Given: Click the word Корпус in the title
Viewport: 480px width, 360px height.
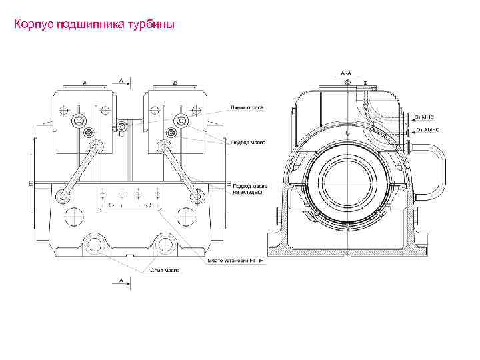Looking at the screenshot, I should coord(29,25).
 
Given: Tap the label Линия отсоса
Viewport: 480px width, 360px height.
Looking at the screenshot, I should coord(247,107).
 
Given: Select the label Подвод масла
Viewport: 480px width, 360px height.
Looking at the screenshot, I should coord(247,142).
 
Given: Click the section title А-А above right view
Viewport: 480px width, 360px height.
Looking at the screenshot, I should coord(346,71).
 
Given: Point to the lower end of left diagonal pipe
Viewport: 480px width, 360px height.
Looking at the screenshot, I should coord(64,196).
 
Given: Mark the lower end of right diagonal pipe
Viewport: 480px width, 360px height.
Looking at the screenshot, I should coord(195,196).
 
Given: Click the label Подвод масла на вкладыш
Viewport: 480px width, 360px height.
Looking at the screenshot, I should coord(247,189).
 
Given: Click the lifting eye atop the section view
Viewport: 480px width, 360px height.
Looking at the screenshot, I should coord(347,82).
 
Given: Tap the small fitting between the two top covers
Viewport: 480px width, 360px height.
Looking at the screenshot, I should coord(121,127).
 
